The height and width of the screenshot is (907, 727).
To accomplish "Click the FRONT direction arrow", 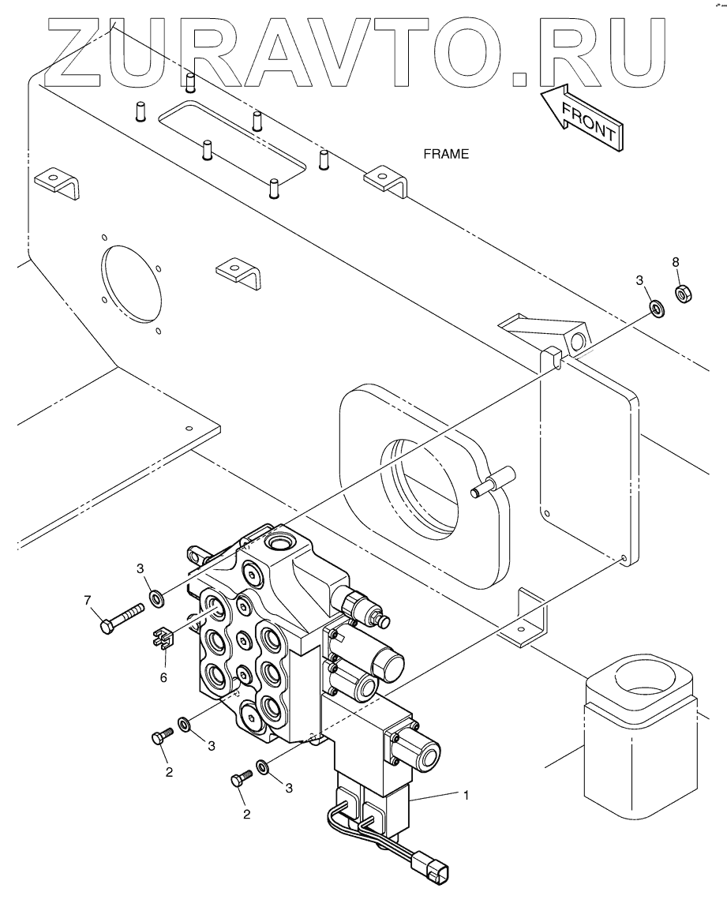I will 582,118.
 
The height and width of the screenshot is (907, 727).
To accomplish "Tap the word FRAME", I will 446,154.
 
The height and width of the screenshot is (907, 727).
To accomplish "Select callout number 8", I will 676,261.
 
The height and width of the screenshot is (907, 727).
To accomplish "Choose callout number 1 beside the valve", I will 466,796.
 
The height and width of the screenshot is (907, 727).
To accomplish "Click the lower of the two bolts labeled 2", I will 242,778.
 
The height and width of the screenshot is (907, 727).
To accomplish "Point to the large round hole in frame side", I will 133,285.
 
